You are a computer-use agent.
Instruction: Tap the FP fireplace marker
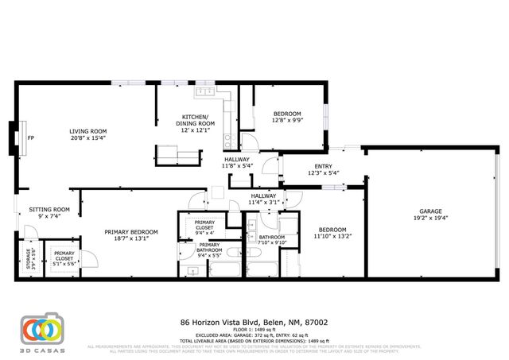31,138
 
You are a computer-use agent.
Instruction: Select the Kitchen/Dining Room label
195,120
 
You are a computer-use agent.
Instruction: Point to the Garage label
430,210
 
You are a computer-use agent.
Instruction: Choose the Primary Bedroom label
131,232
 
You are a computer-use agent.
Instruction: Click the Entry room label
322,165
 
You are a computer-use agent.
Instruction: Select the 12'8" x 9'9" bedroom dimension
287,120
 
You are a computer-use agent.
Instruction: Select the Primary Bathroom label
209,250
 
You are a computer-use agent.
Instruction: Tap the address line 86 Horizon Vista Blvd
254,323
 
